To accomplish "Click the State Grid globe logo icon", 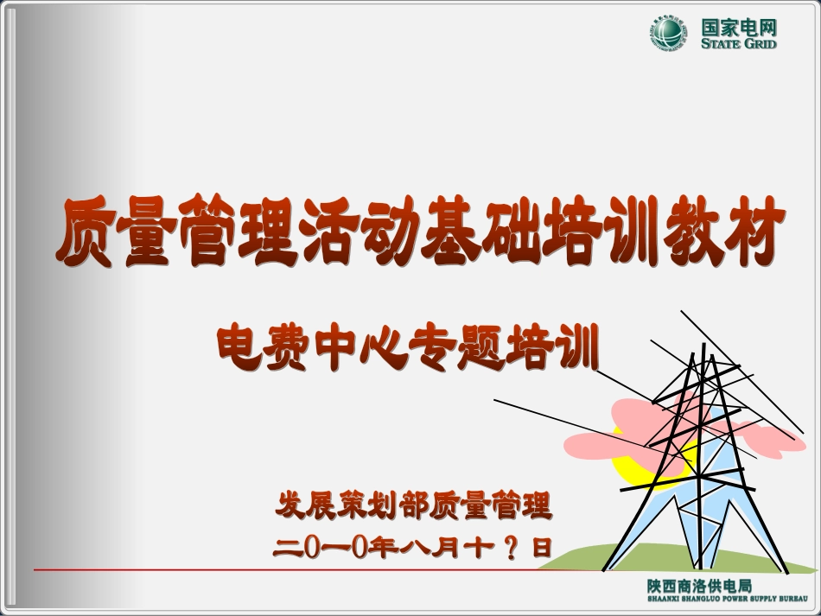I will [670, 34].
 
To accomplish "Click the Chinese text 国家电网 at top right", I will [738, 26].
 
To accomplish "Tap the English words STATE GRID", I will [738, 44].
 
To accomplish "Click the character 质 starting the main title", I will [86, 231].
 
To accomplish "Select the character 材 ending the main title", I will [754, 231].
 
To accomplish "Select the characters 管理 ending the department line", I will [521, 506].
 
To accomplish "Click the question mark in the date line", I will [510, 548].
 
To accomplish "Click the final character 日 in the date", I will [541, 548].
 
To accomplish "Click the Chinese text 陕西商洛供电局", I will [699, 586].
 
